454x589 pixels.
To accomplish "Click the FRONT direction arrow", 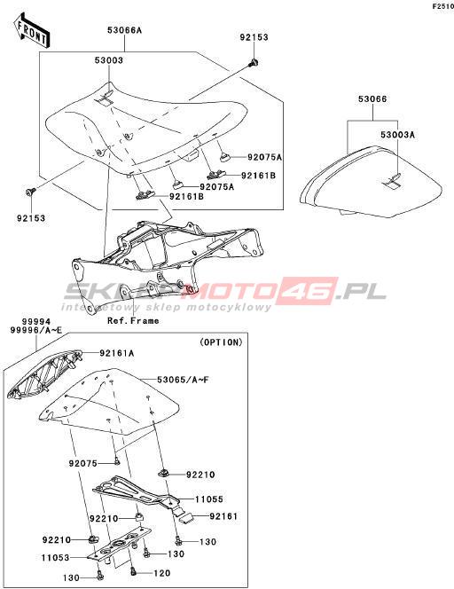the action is pos(32,30).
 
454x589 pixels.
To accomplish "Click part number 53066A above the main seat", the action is pos(125,30).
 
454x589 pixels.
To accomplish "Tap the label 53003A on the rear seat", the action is pos(397,135).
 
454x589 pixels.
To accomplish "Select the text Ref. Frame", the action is pos(133,321).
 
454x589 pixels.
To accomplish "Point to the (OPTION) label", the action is pos(221,342).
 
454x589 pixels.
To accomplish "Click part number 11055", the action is pos(208,499).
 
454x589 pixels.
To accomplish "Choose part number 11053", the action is pos(56,558).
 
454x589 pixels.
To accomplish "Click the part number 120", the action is pos(162,573).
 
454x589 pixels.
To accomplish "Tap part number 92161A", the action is pos(117,353).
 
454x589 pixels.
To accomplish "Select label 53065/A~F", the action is pos(183,380).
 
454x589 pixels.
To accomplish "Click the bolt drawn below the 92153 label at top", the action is pos(254,62).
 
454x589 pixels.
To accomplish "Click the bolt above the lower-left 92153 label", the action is pos(30,192).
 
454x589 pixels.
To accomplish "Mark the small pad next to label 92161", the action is pos(186,518).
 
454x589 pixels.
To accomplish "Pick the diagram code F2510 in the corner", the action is pos(443,7).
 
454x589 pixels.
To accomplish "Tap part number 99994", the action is pos(36,322).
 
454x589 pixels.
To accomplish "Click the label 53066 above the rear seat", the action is pos(372,99).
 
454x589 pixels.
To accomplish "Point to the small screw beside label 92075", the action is pos(116,459).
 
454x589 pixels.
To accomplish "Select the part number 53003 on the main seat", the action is pos(110,60).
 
